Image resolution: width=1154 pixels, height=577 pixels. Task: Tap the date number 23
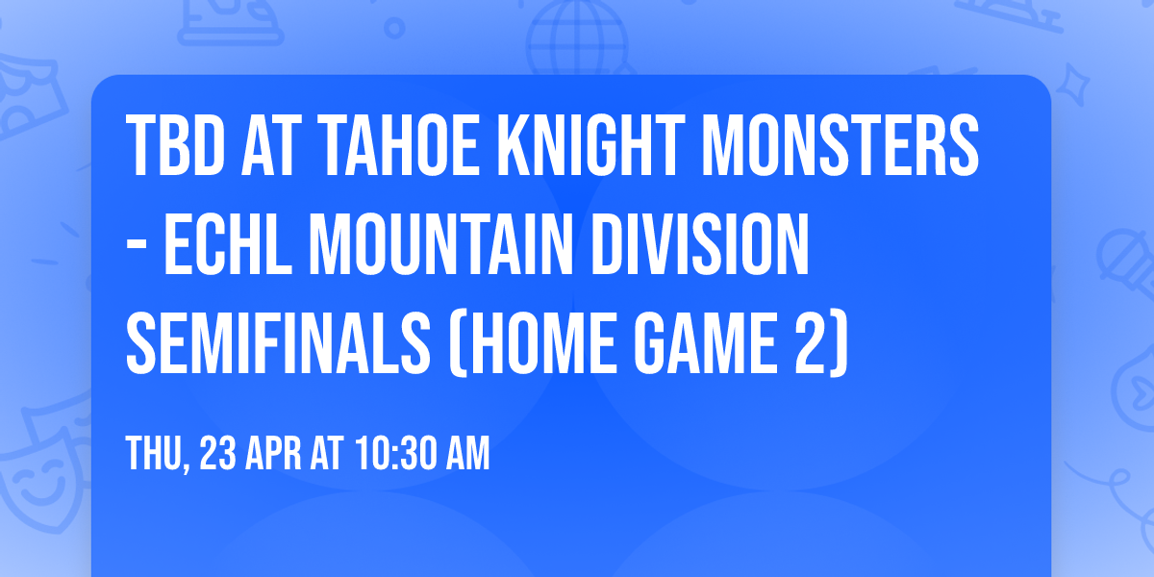[222, 453]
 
